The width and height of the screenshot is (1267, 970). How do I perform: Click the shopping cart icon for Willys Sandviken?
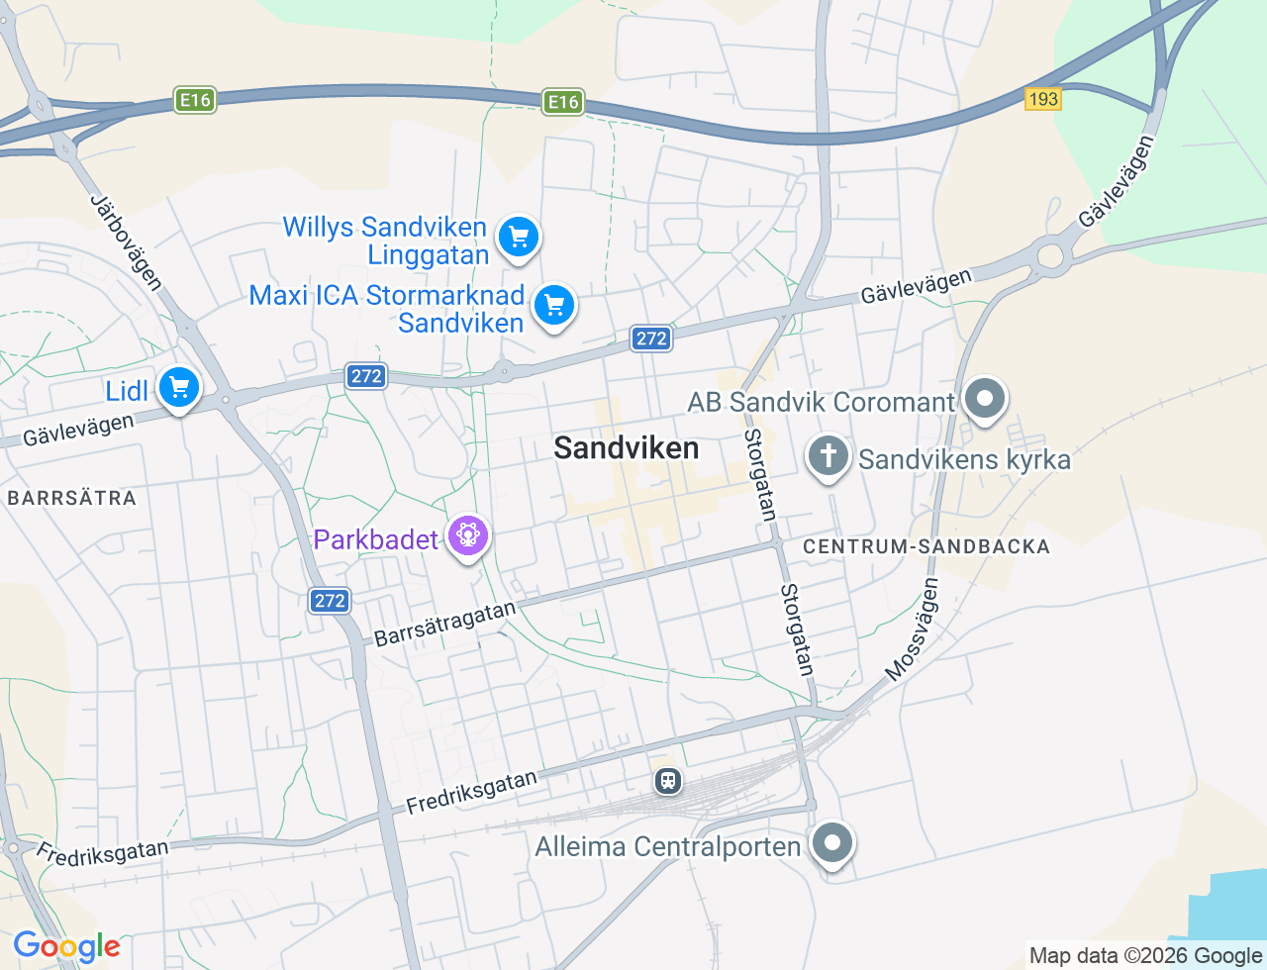(x=518, y=238)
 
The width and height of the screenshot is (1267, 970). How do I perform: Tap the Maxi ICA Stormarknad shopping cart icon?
(x=554, y=306)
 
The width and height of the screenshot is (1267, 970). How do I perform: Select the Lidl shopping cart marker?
(x=179, y=388)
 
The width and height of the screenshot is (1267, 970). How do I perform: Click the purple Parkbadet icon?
(x=468, y=535)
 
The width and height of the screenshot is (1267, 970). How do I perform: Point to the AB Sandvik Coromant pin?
(x=985, y=400)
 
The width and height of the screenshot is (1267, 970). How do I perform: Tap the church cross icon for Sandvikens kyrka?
(x=828, y=457)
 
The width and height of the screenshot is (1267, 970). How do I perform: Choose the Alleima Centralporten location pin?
(x=832, y=844)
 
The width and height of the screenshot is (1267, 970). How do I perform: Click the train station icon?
(x=668, y=781)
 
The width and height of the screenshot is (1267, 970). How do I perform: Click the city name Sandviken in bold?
(x=626, y=448)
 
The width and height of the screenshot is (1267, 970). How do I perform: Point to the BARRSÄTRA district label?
(x=72, y=498)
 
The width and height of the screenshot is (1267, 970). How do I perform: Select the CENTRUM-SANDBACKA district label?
(x=926, y=546)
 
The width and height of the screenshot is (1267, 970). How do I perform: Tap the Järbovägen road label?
(x=126, y=242)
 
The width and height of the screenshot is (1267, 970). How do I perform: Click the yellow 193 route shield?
(x=1043, y=99)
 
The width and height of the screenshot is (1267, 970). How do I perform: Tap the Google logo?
(x=67, y=946)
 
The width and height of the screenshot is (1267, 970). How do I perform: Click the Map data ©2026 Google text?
(x=1145, y=955)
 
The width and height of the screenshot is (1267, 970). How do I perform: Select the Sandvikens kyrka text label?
(x=964, y=459)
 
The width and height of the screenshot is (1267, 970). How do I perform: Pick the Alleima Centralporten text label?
(x=668, y=847)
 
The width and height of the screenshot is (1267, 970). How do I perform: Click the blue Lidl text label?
(x=127, y=391)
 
